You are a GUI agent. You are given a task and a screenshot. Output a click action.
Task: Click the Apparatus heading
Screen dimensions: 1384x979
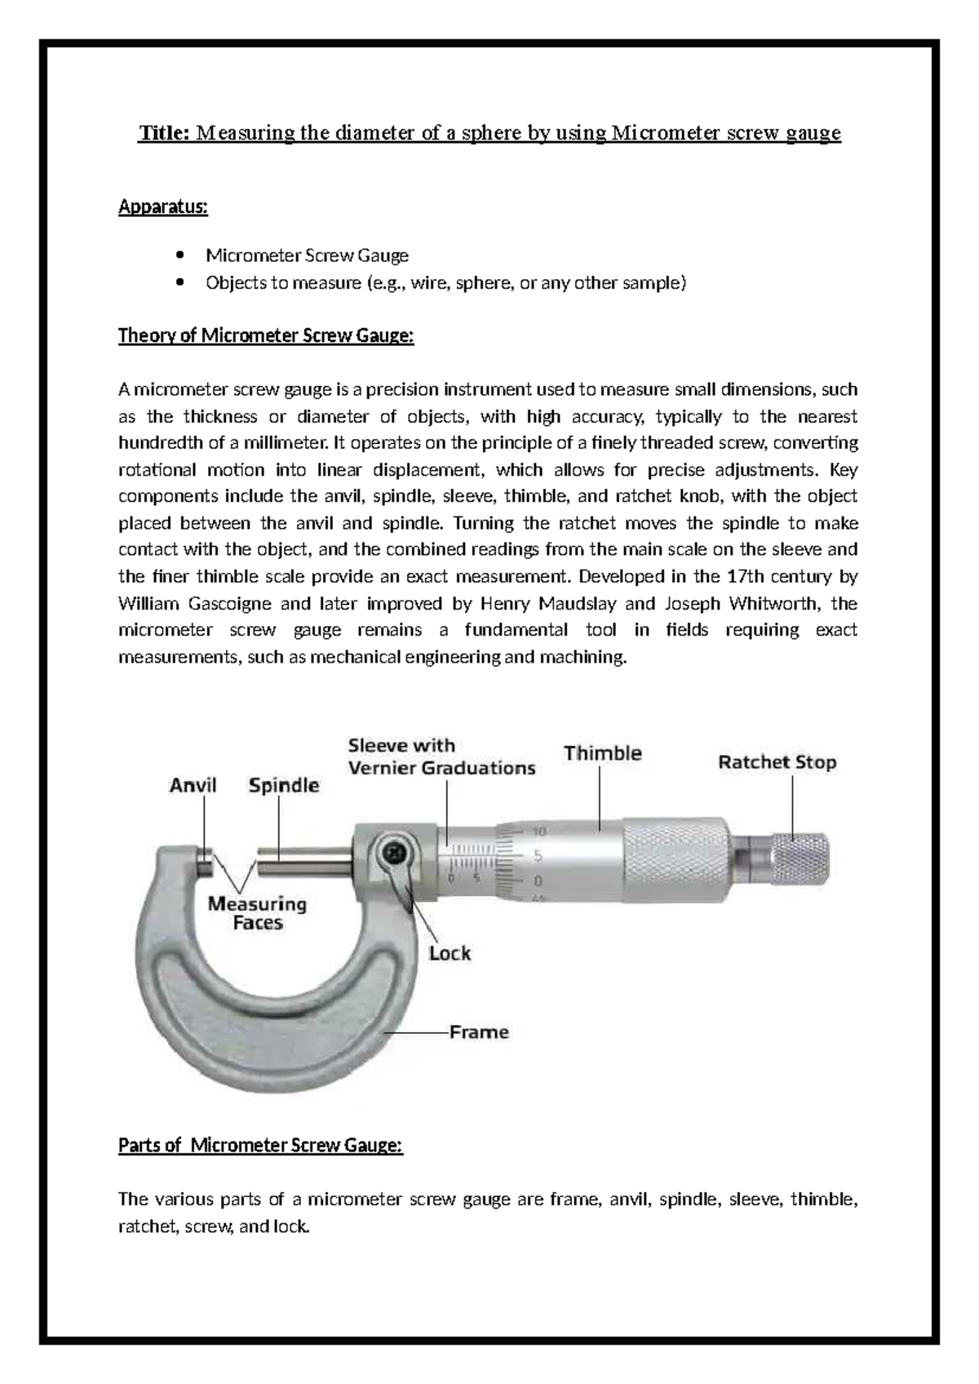[163, 207]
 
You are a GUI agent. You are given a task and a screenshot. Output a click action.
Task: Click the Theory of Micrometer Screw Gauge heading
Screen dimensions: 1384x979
[266, 335]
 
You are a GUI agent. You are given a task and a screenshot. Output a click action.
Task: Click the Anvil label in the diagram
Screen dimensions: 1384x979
[193, 786]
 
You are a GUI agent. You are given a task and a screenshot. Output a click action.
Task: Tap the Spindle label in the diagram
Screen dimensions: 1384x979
[283, 786]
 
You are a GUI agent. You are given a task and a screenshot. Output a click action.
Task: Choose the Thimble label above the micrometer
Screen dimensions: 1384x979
[602, 753]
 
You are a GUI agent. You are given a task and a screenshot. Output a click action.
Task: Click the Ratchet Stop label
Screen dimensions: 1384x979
[777, 763]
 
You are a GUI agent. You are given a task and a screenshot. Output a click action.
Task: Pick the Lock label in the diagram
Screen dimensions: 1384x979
[450, 953]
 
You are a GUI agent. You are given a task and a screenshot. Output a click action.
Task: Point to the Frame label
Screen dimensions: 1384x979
[479, 1032]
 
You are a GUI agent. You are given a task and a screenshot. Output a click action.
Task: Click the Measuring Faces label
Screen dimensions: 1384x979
[257, 913]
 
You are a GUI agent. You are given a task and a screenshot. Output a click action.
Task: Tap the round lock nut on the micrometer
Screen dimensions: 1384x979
[394, 854]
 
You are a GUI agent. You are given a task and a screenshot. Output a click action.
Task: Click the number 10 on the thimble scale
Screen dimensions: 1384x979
[538, 832]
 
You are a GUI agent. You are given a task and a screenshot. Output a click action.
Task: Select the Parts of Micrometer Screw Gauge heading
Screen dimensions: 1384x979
[260, 1146]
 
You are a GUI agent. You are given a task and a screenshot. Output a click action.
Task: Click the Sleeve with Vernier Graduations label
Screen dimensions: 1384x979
[441, 756]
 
